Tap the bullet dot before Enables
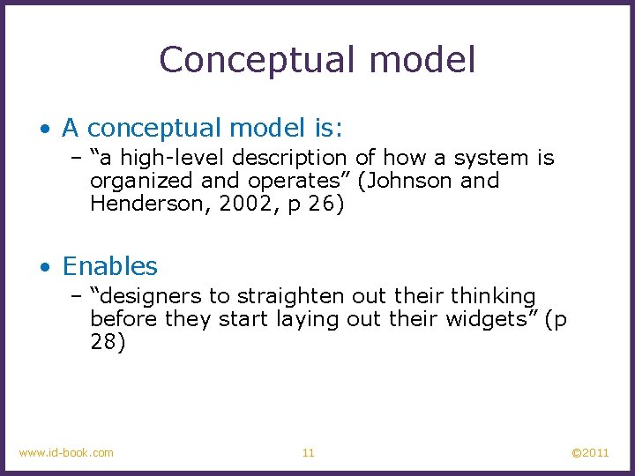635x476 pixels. coord(45,267)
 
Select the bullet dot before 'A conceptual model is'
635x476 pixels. coord(45,129)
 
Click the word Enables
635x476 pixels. coord(110,266)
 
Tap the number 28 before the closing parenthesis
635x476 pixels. coord(102,342)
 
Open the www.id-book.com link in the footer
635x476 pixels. coord(66,453)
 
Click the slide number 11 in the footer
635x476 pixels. coord(308,453)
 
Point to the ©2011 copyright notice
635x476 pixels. coord(590,453)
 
